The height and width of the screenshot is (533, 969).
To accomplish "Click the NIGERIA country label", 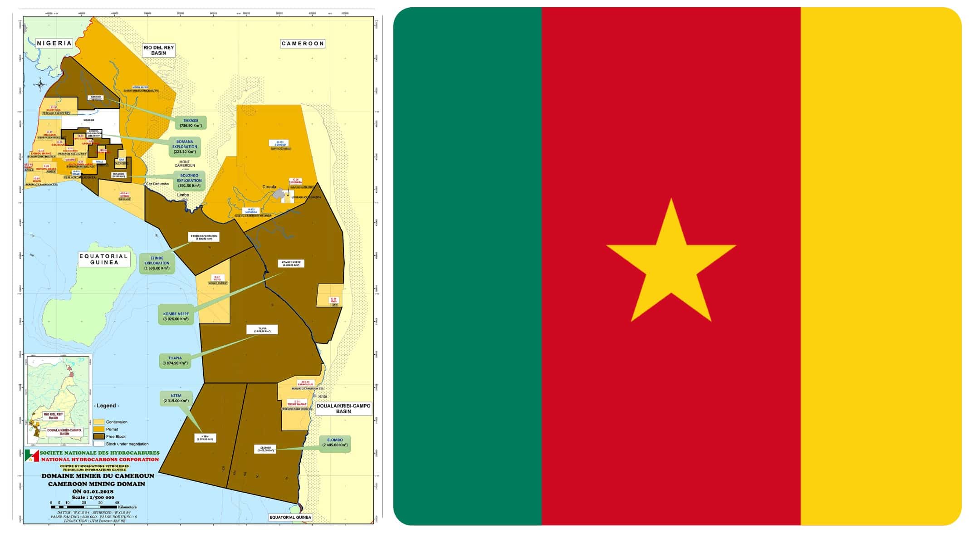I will coord(54,43).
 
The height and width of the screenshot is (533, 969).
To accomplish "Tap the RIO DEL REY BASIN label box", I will coord(158,50).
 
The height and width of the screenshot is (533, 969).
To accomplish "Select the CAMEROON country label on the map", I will coord(303,44).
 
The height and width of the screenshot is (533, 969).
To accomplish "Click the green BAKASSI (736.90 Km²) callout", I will coord(191,123).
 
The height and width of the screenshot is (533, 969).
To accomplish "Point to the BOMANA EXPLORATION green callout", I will coord(185,147).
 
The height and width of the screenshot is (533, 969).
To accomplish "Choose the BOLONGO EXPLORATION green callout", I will coord(189,181).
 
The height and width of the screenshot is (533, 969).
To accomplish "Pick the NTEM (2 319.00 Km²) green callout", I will coord(176,398).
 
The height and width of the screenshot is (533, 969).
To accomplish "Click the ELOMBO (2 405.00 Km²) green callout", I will coord(335,443).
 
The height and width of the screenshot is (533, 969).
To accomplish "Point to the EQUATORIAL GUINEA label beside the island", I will coord(104,259).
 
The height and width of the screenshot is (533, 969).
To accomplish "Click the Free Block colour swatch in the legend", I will coord(98,436).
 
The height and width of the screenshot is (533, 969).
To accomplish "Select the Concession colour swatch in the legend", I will coord(98,422).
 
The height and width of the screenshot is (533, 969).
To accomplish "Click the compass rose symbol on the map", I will coord(40,84).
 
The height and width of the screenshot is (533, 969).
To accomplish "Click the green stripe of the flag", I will coord(467,266).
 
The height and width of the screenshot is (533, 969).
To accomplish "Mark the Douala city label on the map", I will coord(269,187).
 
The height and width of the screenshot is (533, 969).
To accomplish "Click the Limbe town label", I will coord(183,195).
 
